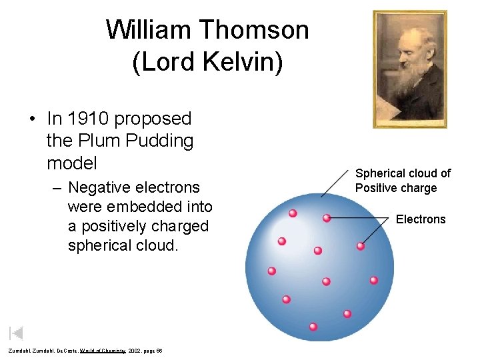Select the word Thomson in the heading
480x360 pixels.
[x=254, y=31]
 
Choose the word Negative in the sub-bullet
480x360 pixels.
[x=101, y=187]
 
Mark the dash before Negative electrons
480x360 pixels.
[x=57, y=188]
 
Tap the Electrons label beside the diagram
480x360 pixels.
[x=421, y=219]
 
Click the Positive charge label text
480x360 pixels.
[x=396, y=188]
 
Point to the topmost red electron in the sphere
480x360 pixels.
[x=292, y=213]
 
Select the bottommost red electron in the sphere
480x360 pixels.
[x=313, y=327]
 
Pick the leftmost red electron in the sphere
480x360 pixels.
[x=271, y=271]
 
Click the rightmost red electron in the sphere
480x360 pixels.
[x=373, y=280]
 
